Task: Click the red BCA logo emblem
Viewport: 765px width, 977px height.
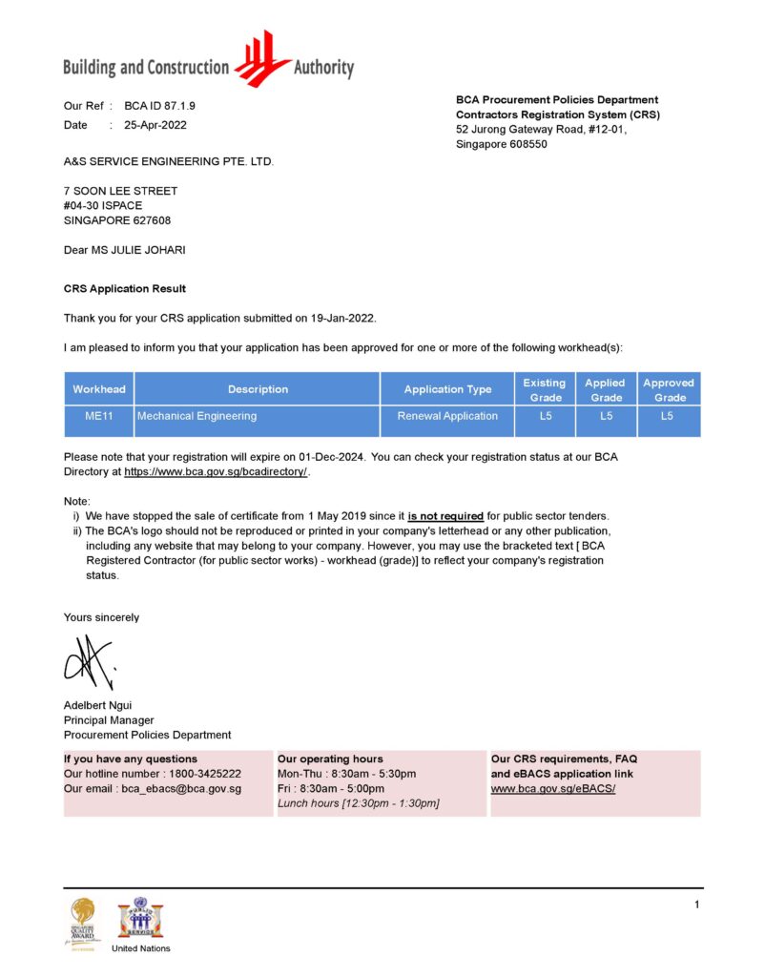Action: coord(262,59)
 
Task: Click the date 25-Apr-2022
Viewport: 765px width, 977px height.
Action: coord(155,125)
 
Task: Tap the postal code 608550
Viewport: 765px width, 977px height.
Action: coord(528,144)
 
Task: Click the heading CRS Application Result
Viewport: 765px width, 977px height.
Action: coord(125,288)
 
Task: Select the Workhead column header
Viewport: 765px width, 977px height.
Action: coord(99,389)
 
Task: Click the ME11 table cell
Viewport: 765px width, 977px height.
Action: coord(99,416)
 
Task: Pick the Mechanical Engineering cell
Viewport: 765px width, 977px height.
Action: coord(197,416)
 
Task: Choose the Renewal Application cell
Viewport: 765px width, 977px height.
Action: coord(447,416)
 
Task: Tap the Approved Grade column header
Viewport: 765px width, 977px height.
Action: coord(669,389)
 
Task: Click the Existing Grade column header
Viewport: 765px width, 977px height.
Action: coord(545,389)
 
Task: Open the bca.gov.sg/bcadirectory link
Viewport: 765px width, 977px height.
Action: coord(216,471)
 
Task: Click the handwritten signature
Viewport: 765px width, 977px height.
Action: coord(89,660)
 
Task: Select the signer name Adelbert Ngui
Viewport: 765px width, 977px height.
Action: coord(97,705)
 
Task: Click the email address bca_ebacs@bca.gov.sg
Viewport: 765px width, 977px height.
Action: coord(181,789)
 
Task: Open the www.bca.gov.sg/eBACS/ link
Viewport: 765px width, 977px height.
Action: coord(553,789)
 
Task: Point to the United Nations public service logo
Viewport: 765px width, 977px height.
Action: coord(140,920)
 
